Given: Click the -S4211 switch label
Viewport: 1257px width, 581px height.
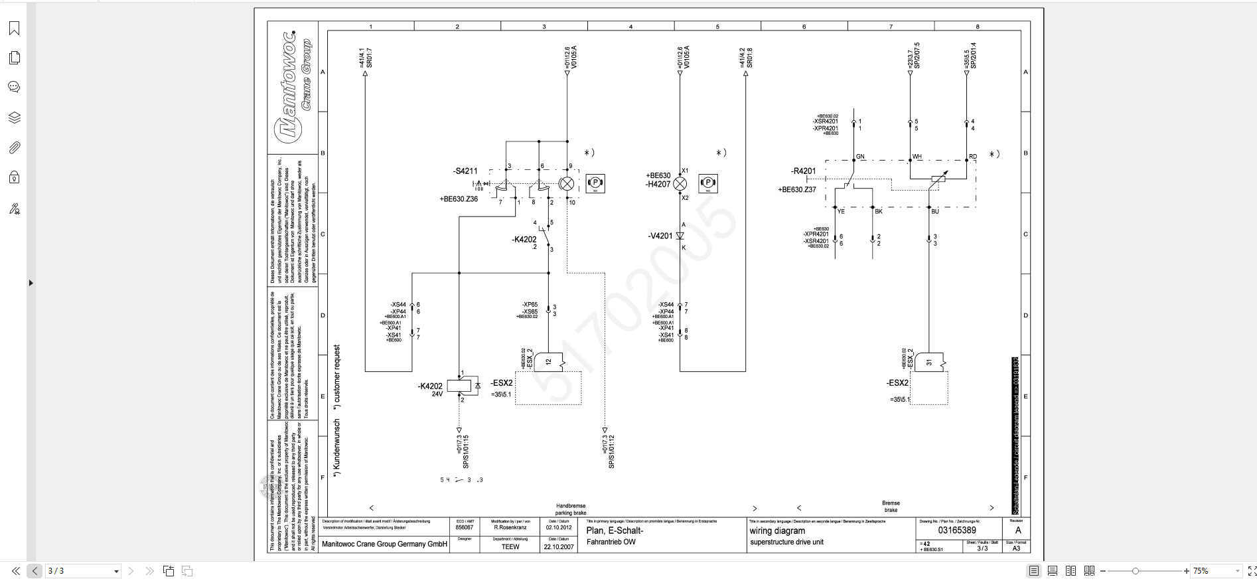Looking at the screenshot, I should click(465, 171).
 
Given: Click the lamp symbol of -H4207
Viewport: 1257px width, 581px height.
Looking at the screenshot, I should click(680, 184).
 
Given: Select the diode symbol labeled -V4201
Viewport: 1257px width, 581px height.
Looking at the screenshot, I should click(680, 236).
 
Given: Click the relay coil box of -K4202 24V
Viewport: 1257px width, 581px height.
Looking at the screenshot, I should click(459, 386).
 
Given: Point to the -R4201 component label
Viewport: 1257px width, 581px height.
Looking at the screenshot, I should click(803, 171).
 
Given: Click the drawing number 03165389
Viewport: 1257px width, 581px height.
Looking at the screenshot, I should click(956, 531).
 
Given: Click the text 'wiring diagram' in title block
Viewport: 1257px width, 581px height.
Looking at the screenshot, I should click(777, 531).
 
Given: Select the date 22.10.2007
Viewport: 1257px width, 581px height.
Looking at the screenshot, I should click(559, 547).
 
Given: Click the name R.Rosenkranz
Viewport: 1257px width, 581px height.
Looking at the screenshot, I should click(510, 528).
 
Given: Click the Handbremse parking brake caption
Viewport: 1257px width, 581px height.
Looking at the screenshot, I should click(570, 509).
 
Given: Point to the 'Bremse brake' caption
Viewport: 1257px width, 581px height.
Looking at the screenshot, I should click(891, 507).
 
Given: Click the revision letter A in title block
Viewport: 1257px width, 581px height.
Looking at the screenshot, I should click(1018, 531).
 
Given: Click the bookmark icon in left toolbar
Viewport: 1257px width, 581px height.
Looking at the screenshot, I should click(14, 28).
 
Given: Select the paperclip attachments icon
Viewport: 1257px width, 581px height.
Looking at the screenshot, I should click(14, 147).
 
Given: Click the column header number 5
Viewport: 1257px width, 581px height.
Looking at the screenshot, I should click(717, 27).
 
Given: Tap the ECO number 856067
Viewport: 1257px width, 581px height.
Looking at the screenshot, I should click(465, 528).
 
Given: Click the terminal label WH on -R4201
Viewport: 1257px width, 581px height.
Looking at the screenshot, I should click(917, 157).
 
